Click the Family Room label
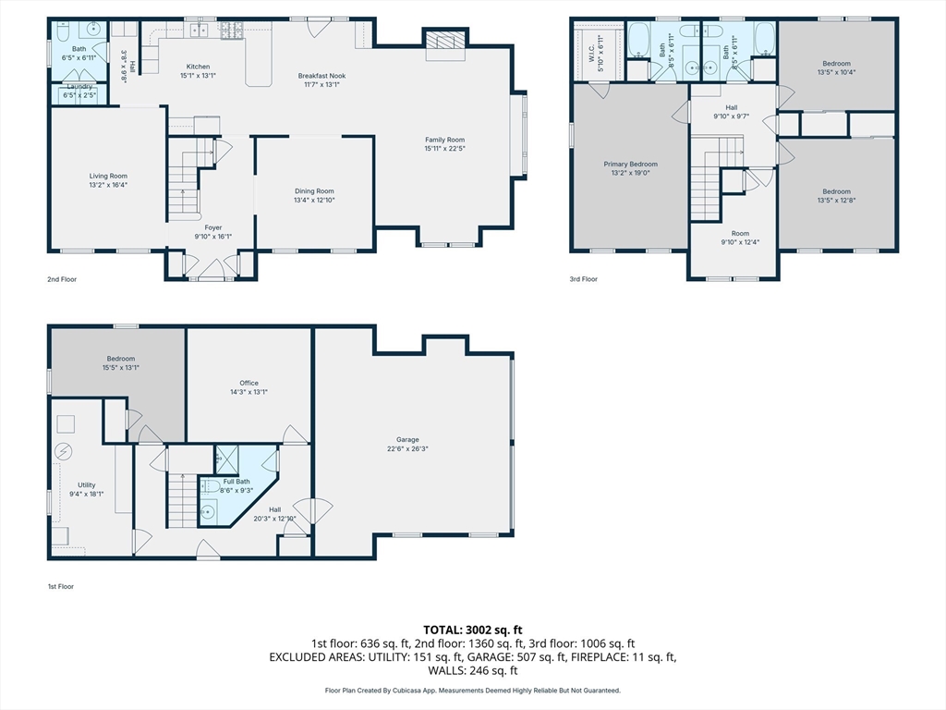[444, 141]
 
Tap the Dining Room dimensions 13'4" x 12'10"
[314, 200]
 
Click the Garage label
[407, 439]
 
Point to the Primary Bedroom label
[630, 165]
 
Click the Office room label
[249, 383]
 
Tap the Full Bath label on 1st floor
[236, 481]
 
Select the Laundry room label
[79, 86]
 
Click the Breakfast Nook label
[321, 76]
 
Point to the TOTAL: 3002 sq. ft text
[473, 630]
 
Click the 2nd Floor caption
[62, 279]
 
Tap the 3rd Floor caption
[584, 279]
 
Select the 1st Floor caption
[61, 586]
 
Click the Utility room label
[86, 484]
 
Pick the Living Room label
[109, 177]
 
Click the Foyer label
[213, 227]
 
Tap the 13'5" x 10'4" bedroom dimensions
[836, 72]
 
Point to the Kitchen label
[198, 67]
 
